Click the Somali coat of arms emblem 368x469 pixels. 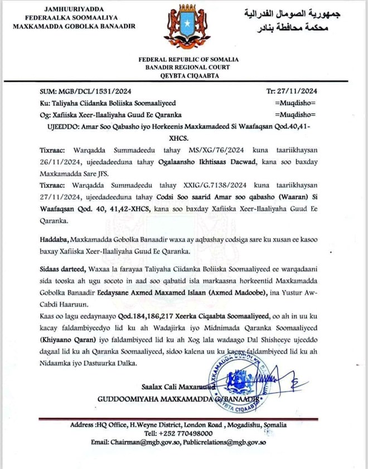(x=183, y=26)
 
